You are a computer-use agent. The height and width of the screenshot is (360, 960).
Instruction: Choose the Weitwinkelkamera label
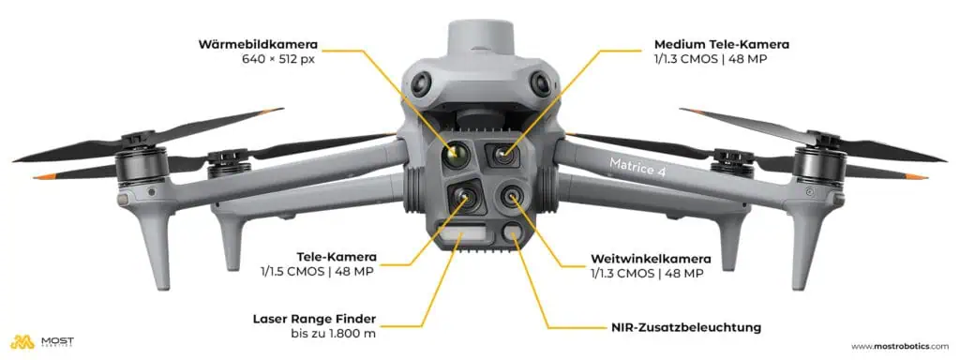coord(651,258)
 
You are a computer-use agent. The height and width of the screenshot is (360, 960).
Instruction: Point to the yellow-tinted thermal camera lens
coord(457,153)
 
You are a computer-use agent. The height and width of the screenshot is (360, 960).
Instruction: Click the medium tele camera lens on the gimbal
coord(504,153)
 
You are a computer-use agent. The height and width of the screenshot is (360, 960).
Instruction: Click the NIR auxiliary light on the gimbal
coord(513,235)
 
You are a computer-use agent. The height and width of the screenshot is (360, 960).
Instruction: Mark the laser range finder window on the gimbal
coord(464,234)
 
